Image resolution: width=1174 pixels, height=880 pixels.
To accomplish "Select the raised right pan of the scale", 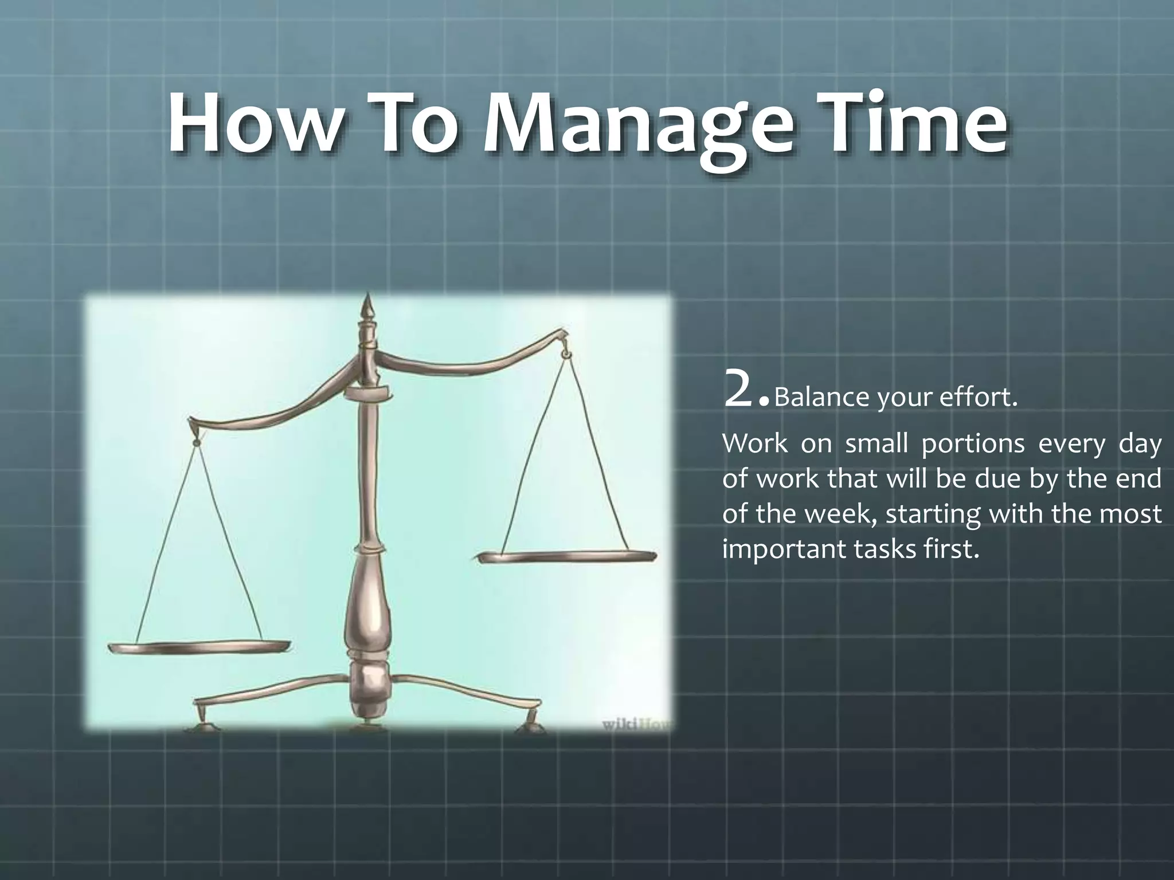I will click(566, 556).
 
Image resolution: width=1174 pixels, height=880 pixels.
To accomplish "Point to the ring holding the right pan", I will click(566, 355).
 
